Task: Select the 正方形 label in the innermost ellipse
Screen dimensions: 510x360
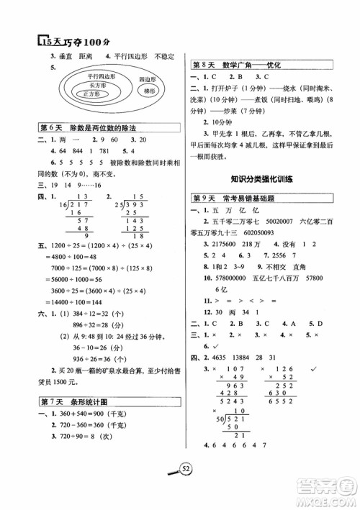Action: click(90, 94)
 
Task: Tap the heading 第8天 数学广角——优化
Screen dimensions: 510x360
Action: click(235, 65)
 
